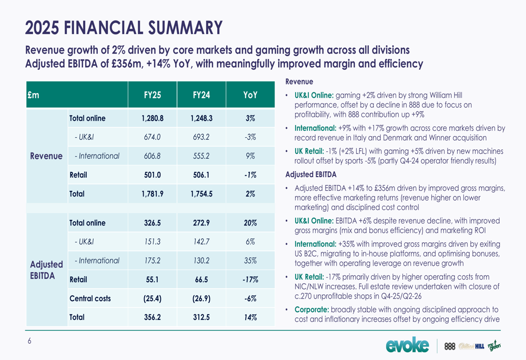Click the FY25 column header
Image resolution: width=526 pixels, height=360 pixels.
pyautogui.click(x=153, y=95)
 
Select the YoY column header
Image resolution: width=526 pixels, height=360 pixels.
pyautogui.click(x=250, y=95)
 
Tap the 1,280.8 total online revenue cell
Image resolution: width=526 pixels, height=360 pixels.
pyautogui.click(x=153, y=119)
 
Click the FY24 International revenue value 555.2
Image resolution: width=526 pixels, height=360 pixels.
pyautogui.click(x=201, y=156)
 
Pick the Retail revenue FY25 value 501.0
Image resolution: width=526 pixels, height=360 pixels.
pyautogui.click(x=153, y=175)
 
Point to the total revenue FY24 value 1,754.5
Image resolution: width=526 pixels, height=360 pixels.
pyautogui.click(x=201, y=194)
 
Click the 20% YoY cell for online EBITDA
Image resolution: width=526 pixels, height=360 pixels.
pyautogui.click(x=250, y=223)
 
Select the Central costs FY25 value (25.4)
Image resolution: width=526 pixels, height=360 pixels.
pyautogui.click(x=153, y=299)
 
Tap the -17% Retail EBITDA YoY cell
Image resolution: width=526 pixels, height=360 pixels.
pyautogui.click(x=250, y=280)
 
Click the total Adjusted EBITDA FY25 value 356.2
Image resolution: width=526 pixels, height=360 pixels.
pyautogui.click(x=153, y=317)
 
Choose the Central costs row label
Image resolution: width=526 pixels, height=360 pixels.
pyautogui.click(x=90, y=299)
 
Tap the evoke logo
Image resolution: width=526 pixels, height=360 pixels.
pyautogui.click(x=407, y=345)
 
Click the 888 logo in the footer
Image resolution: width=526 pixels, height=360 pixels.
pyautogui.click(x=450, y=346)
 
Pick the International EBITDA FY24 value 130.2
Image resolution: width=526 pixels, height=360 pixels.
pyautogui.click(x=201, y=261)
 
